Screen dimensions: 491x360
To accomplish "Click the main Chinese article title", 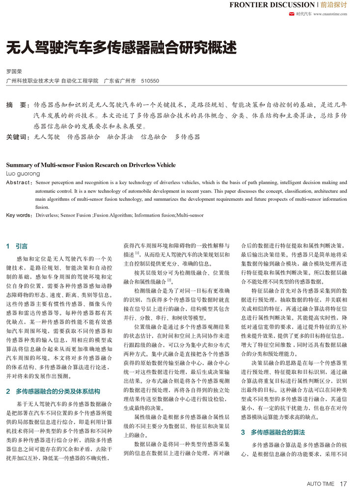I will pos(121,48).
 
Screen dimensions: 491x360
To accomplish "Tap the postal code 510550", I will pos(150,80).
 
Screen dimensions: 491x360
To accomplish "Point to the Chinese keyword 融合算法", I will pos(120,137).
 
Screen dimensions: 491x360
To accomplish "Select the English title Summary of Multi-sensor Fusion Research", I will pos(91,165).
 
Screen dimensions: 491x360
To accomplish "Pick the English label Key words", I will pos(19,215).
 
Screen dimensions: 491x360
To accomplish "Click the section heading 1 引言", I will pos(17,246).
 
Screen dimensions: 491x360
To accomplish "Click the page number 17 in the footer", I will pos(343,484).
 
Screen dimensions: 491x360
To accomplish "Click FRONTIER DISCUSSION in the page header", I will pos(272,5).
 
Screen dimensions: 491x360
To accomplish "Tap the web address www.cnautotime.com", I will pos(330,14).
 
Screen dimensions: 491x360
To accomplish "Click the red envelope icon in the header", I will pos(292,14).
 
